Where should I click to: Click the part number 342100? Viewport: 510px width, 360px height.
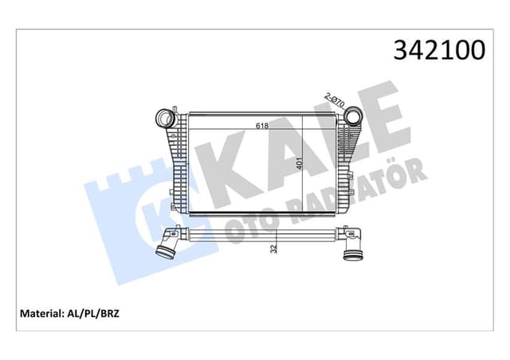coord(437,49)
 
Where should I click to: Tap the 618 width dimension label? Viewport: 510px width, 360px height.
coord(261,125)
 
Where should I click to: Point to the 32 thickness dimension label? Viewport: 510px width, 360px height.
coord(274,248)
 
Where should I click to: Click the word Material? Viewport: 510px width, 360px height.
coord(37,313)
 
